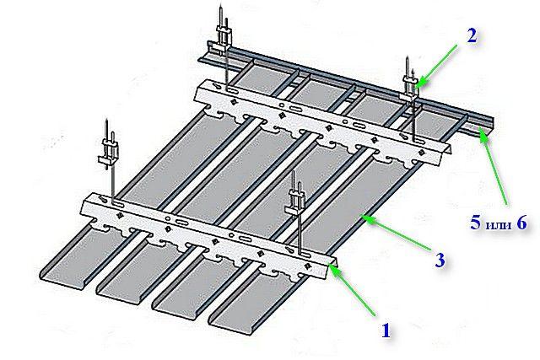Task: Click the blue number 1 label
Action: click(x=385, y=331)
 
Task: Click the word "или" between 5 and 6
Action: click(x=499, y=224)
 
